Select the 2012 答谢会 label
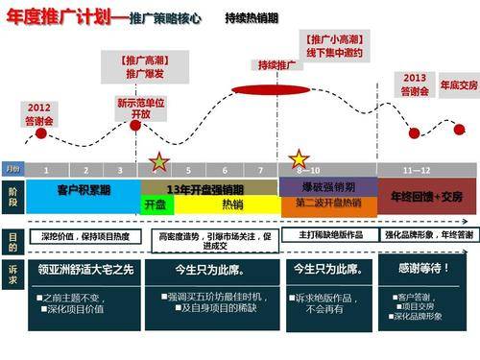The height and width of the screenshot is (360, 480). pyautogui.click(x=39, y=113)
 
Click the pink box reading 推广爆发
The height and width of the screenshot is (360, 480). pyautogui.click(x=139, y=73)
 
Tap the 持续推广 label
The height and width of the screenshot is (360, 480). pyautogui.click(x=276, y=66)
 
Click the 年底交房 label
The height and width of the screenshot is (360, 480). pyautogui.click(x=456, y=85)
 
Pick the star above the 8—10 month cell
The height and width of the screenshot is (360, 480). pyautogui.click(x=299, y=157)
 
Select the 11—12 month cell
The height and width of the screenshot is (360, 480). pyautogui.click(x=417, y=170)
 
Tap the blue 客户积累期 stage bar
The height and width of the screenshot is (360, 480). pyautogui.click(x=84, y=190)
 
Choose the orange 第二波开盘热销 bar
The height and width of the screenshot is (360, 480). pyautogui.click(x=327, y=204)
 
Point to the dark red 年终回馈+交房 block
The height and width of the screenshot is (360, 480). pyautogui.click(x=426, y=196)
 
